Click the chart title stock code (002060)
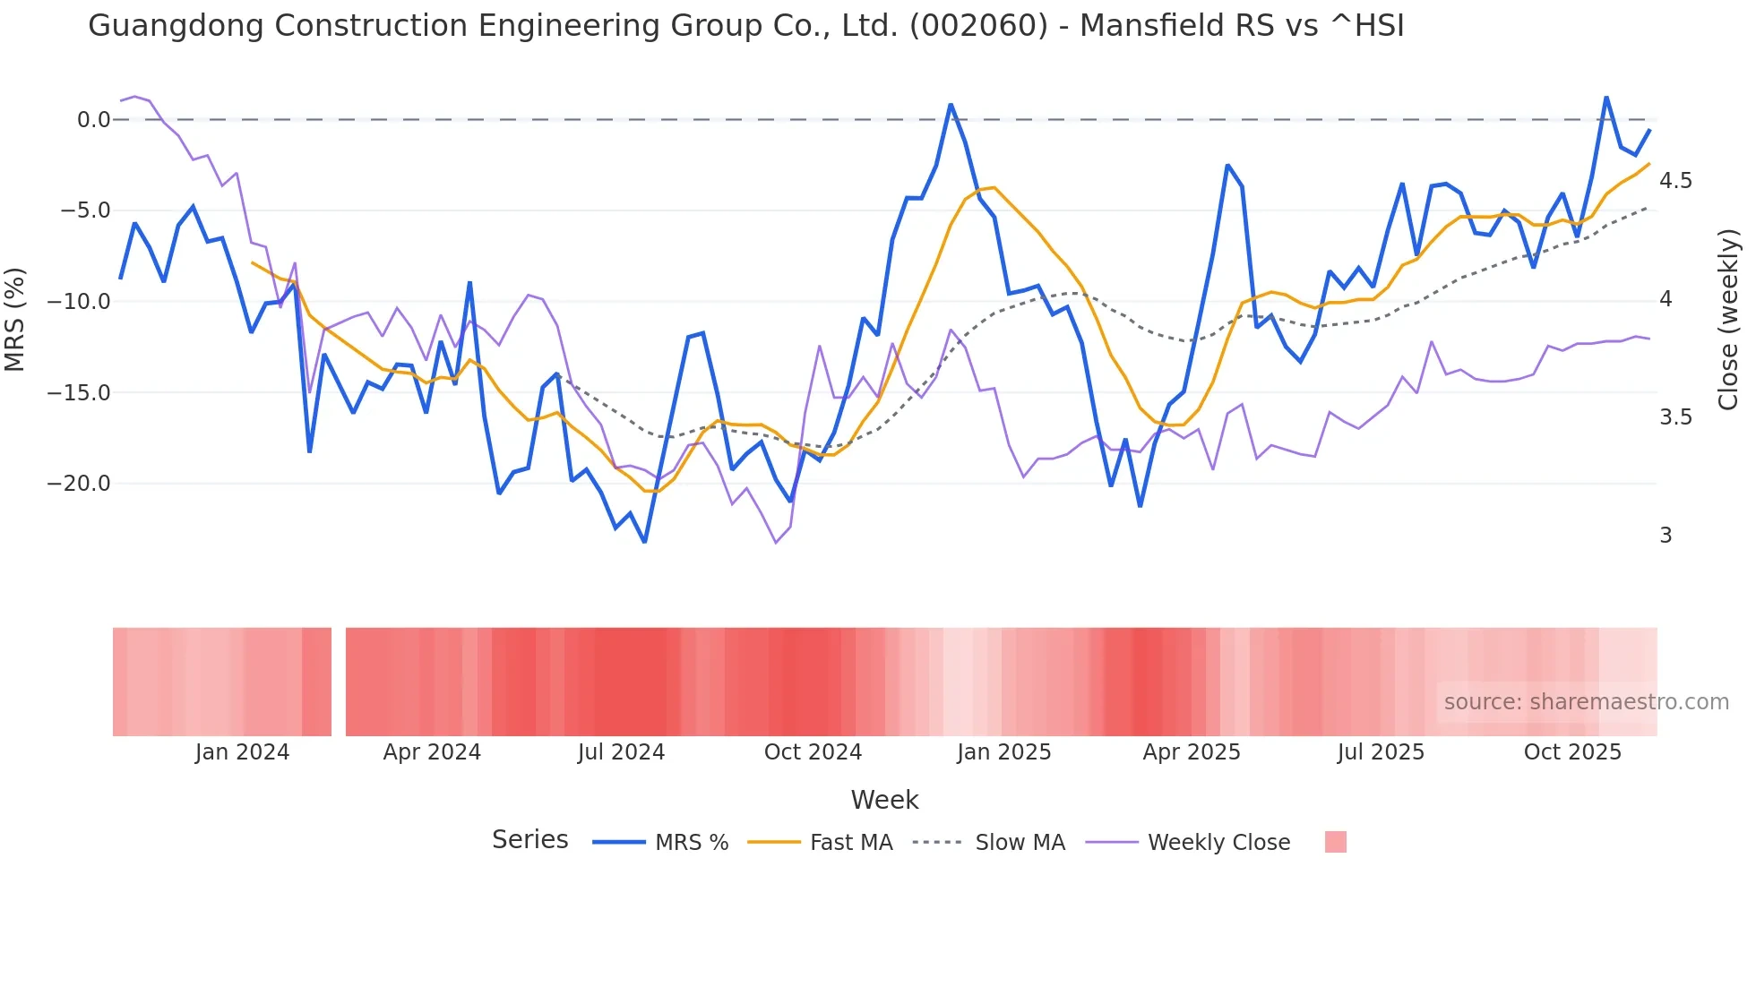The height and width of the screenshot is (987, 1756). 978,25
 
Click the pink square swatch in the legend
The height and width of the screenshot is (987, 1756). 1335,842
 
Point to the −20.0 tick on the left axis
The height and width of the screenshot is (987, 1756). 79,484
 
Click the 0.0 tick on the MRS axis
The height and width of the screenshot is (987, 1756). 93,120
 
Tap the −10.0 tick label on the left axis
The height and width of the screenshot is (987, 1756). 79,302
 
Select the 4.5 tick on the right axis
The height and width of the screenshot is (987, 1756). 1675,181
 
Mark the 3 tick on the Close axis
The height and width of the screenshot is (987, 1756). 1666,536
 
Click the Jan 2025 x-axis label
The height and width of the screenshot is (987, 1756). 1003,752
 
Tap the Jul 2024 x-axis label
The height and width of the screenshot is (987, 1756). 621,752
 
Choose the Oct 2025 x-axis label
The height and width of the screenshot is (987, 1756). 1572,752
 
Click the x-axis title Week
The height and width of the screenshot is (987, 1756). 884,800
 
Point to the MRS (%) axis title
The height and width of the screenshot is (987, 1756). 15,319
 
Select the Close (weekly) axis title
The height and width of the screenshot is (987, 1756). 1728,319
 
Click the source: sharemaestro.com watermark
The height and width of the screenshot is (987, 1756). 1586,702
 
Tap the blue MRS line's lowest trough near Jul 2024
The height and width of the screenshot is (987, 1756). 644,542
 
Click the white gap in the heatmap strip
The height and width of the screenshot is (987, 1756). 339,682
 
